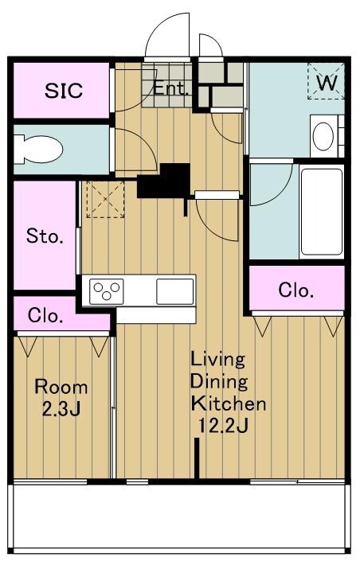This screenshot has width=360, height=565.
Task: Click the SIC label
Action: pyautogui.click(x=64, y=91)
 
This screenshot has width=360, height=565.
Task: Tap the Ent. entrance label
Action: pyautogui.click(x=170, y=88)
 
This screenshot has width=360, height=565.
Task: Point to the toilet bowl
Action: pyautogui.click(x=38, y=149)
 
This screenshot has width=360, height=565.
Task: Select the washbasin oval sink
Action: pyautogui.click(x=323, y=136)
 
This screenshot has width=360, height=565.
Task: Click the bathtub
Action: pyautogui.click(x=322, y=212)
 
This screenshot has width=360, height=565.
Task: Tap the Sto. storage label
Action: pyautogui.click(x=45, y=236)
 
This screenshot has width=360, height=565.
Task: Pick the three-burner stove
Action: pyautogui.click(x=107, y=291)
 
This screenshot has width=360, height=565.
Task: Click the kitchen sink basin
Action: pyautogui.click(x=175, y=291)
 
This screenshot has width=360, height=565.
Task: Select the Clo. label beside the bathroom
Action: pyautogui.click(x=295, y=290)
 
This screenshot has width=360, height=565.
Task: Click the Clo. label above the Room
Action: pyautogui.click(x=45, y=315)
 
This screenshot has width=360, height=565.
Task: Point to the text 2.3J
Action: pyautogui.click(x=61, y=409)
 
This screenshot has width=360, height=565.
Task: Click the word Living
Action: pyautogui.click(x=218, y=360)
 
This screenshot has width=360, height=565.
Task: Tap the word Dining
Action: pyautogui.click(x=219, y=382)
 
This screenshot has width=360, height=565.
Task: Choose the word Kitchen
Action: pyautogui.click(x=229, y=403)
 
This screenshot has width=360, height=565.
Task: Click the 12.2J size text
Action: pyautogui.click(x=223, y=427)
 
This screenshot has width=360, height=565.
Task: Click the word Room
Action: pyautogui.click(x=61, y=388)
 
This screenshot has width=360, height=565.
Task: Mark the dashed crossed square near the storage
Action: pyautogui.click(x=106, y=199)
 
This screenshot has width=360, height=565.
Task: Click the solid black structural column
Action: pyautogui.click(x=165, y=181)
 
